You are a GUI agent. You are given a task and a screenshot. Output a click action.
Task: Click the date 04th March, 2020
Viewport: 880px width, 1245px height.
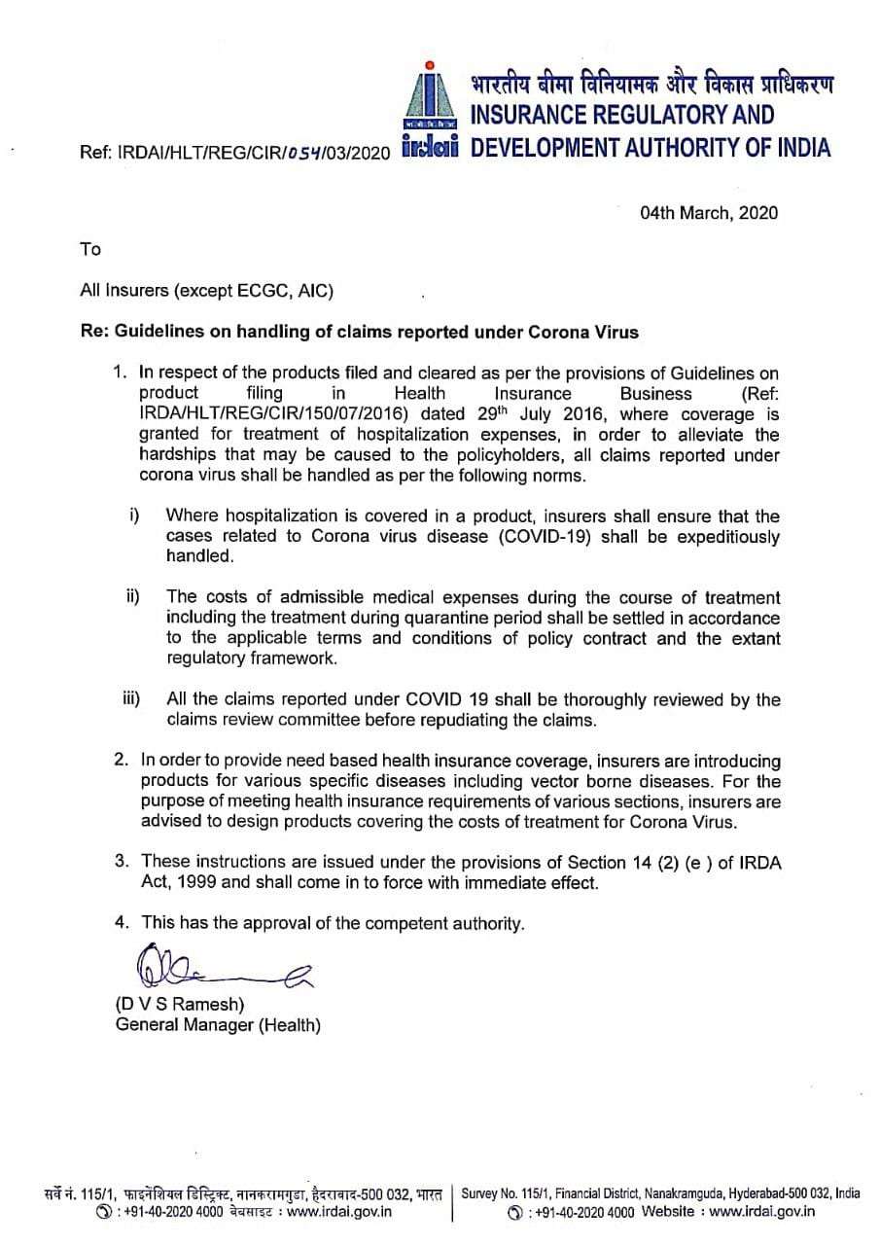pos(709,213)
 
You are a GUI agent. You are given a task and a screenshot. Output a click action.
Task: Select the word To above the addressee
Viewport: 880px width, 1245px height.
pos(90,250)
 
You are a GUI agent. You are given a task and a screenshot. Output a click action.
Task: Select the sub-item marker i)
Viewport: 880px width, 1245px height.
pos(135,515)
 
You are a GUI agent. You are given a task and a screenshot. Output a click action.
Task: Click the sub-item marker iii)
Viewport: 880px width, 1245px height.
pos(131,698)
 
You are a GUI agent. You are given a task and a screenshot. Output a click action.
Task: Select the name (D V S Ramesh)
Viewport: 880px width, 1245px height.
pos(180,1004)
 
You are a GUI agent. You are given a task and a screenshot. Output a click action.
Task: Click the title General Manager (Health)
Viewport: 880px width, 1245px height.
pos(218,1025)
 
